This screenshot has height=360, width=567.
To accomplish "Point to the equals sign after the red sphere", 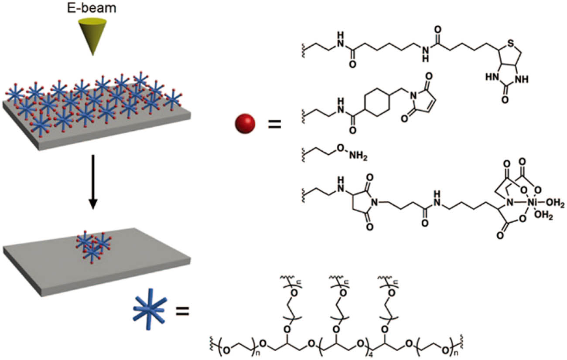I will coord(274,125).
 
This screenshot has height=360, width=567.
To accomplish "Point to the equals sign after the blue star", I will coord(182,311).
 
